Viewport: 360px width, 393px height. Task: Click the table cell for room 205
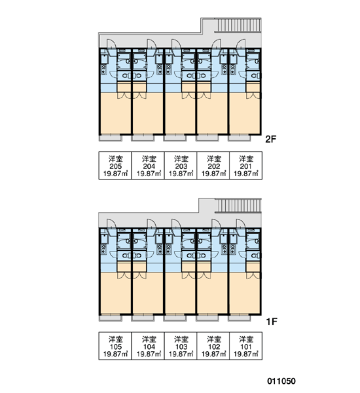tap(115, 166)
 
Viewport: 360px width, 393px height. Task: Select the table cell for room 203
tap(181, 166)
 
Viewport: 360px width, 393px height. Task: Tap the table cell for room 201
tap(245, 166)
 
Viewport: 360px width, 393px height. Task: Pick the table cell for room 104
tap(148, 346)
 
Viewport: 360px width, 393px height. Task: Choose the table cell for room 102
tap(213, 346)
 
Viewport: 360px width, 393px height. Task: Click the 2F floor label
tap(271, 139)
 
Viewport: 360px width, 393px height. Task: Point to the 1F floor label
tap(272, 322)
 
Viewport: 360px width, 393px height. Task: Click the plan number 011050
tap(281, 381)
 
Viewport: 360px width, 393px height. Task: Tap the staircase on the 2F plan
tap(238, 25)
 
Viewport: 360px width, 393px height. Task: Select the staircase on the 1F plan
tap(238, 206)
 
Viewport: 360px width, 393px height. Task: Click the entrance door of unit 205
tap(111, 44)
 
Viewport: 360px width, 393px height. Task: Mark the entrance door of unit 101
tap(240, 224)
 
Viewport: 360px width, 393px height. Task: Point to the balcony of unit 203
tap(175, 138)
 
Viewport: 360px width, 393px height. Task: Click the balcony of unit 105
tap(110, 318)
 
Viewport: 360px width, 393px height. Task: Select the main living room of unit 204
tap(148, 113)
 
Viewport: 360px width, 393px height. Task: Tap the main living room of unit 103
tap(181, 293)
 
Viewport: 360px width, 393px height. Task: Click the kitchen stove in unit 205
tap(103, 69)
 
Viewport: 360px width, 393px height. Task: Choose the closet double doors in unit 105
tap(124, 275)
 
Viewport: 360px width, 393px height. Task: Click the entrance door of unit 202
tap(217, 44)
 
